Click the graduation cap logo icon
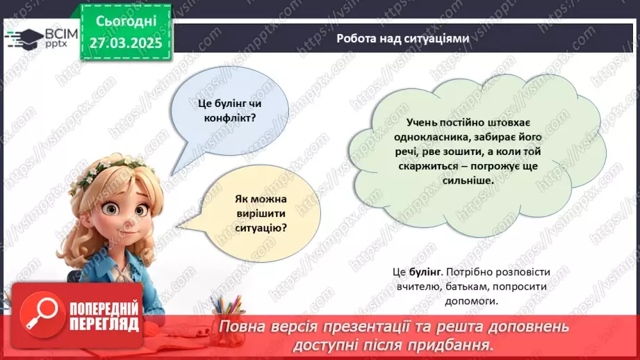pos(23,37)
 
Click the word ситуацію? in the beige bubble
pos(261,227)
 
